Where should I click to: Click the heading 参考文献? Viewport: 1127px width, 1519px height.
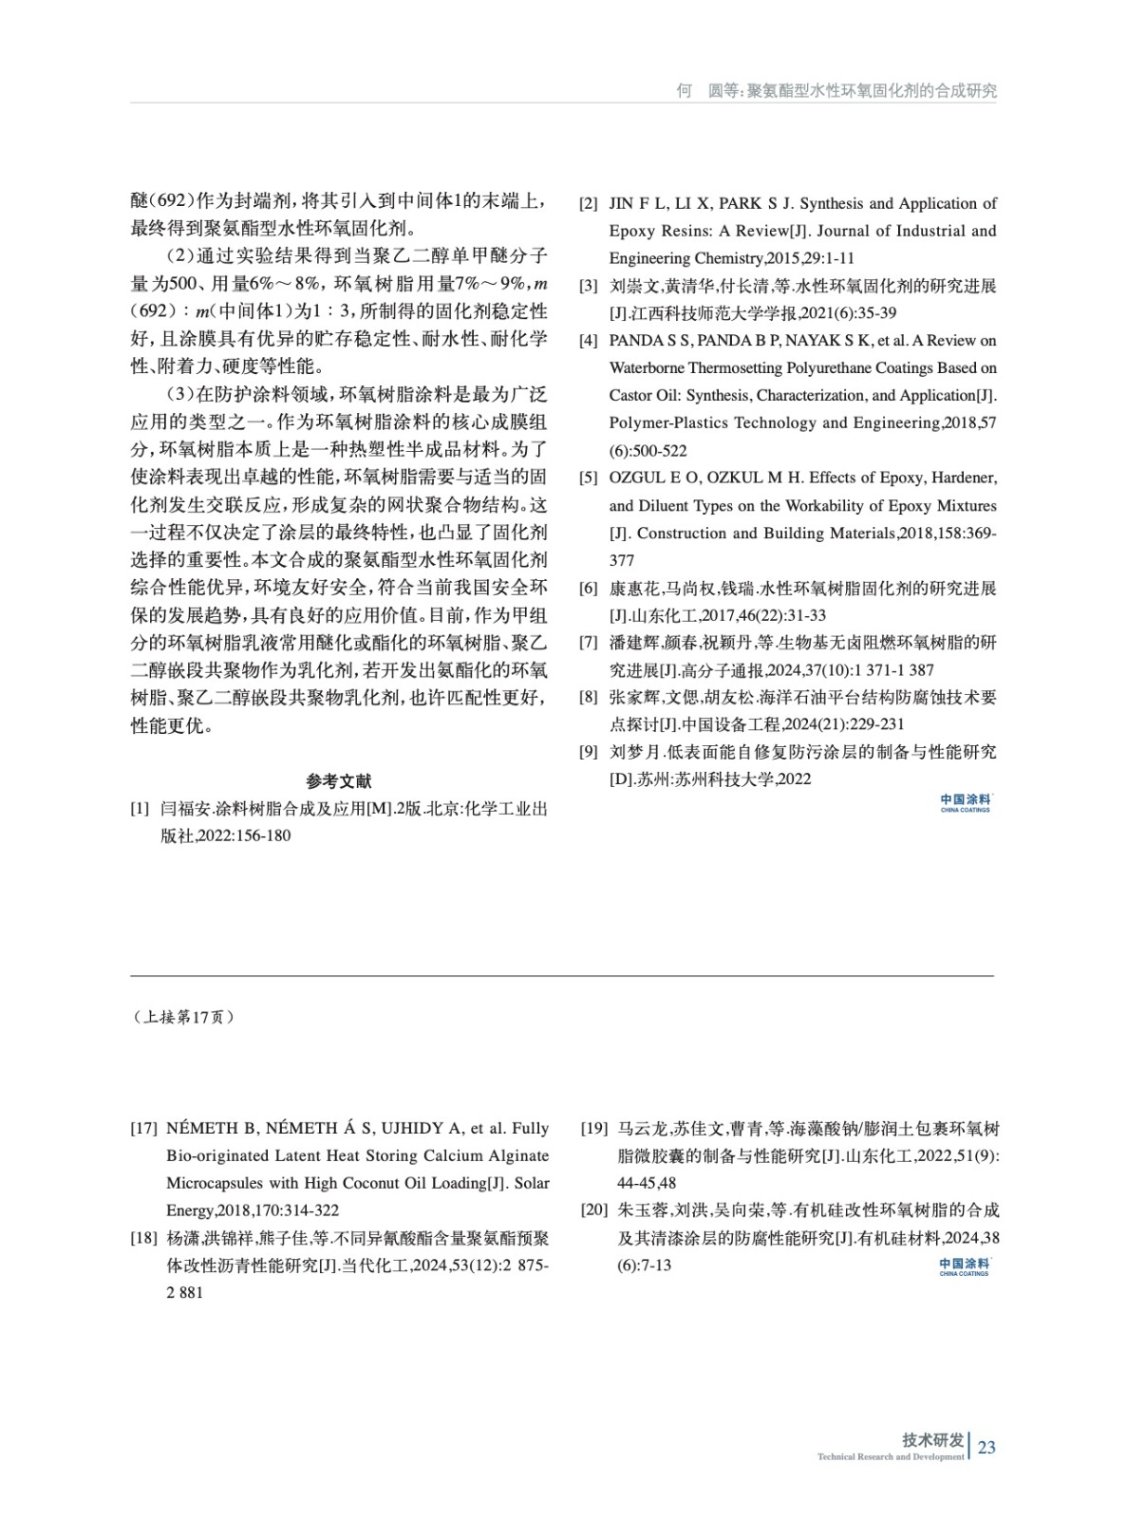click(x=339, y=781)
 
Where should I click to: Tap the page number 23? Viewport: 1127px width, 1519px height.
click(x=986, y=1447)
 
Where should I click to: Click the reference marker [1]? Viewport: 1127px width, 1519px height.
click(x=140, y=809)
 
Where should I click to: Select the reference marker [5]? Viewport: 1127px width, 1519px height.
click(x=589, y=478)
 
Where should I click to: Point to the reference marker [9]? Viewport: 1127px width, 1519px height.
click(x=589, y=752)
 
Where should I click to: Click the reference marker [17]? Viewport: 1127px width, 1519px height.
click(x=143, y=1129)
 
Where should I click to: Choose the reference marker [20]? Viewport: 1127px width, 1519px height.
click(x=593, y=1210)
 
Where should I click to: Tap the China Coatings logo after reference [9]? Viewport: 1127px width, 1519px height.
click(x=966, y=803)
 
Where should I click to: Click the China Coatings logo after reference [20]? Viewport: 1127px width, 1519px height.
click(x=964, y=1266)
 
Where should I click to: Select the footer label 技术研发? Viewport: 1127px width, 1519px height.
click(x=932, y=1439)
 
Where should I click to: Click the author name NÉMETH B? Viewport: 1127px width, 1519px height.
click(x=211, y=1129)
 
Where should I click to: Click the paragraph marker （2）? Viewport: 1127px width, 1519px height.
click(x=180, y=256)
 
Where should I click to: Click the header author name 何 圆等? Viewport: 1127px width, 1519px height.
click(x=706, y=91)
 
